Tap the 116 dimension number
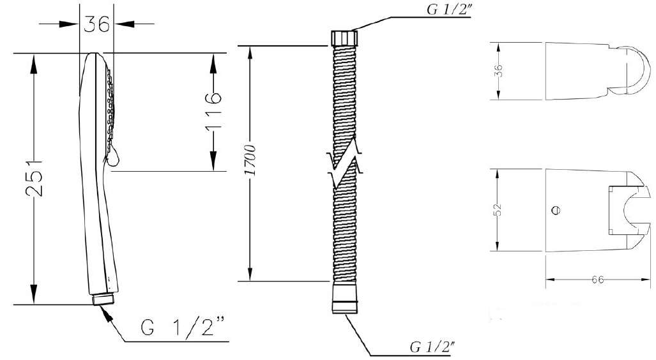[213, 112]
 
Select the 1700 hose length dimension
[250, 161]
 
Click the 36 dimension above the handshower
[96, 24]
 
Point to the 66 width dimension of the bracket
[598, 280]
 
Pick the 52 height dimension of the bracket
[498, 209]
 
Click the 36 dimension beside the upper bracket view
[498, 70]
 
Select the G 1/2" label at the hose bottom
[433, 347]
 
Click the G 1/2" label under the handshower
[183, 327]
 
